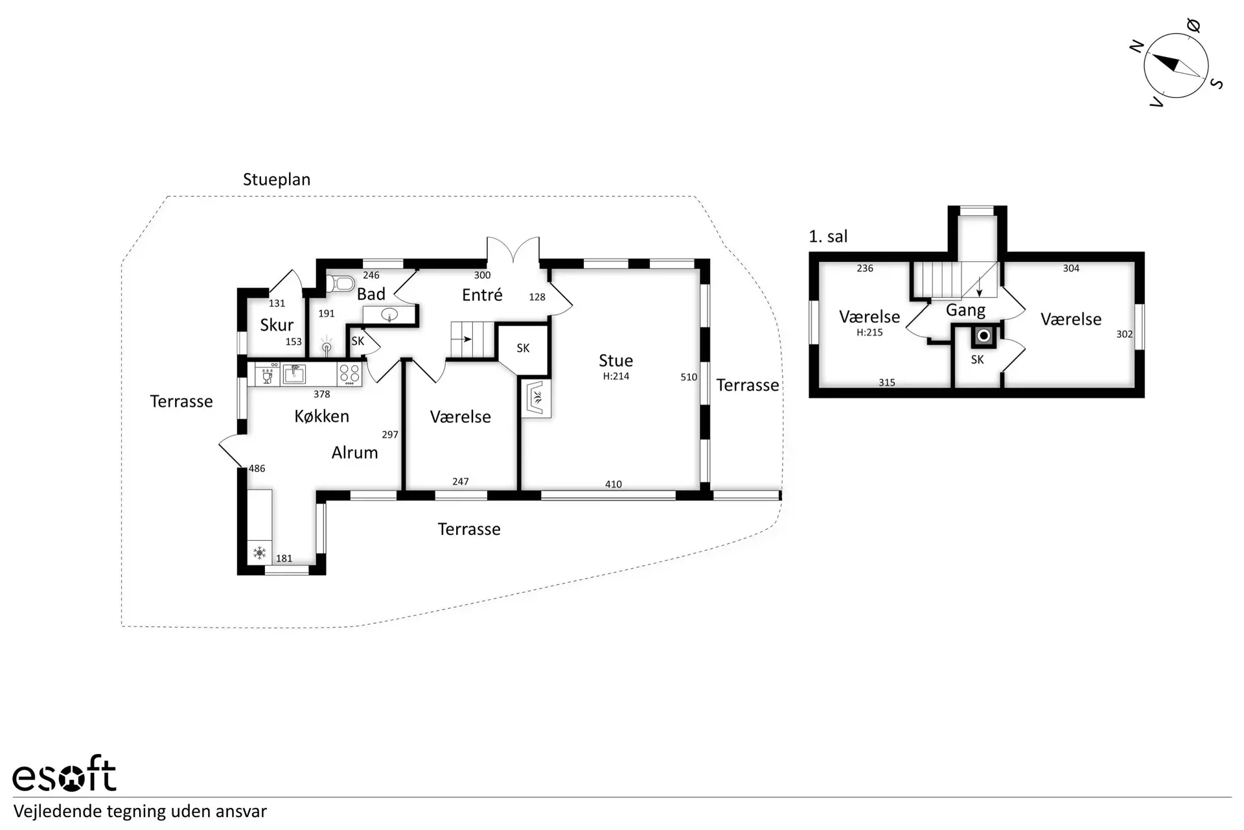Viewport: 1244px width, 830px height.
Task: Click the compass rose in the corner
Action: click(1176, 65)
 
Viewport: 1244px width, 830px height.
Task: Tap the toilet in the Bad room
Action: click(341, 283)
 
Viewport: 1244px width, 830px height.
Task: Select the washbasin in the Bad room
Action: click(389, 315)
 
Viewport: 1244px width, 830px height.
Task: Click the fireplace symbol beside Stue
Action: click(536, 398)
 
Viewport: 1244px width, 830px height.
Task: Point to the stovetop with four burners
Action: click(349, 374)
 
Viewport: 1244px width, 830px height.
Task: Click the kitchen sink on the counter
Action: click(294, 374)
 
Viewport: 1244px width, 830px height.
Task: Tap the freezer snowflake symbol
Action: click(260, 553)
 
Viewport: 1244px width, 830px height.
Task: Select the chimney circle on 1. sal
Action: click(984, 335)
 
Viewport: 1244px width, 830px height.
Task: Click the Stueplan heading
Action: click(277, 180)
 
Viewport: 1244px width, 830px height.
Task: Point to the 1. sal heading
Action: click(828, 237)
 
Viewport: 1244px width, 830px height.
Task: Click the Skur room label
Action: click(277, 324)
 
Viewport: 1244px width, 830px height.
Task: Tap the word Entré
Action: click(482, 295)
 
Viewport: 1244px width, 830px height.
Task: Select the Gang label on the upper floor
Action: click(965, 311)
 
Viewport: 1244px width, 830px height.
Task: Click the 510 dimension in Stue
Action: click(689, 377)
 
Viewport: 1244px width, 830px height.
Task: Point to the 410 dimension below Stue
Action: click(614, 484)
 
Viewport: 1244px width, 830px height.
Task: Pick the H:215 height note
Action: click(870, 333)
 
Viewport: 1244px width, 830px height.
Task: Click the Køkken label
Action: click(321, 416)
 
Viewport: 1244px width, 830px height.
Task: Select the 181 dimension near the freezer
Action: click(284, 558)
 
